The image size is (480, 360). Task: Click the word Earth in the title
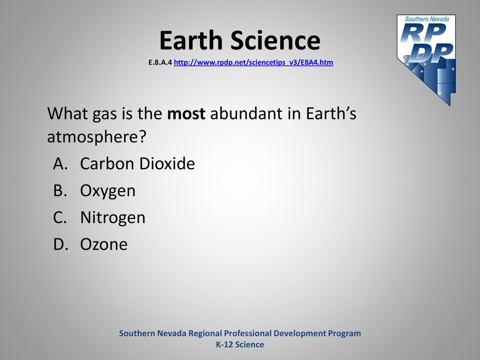click(x=191, y=40)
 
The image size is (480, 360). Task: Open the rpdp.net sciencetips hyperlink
click(x=254, y=62)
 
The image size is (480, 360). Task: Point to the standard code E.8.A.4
click(x=160, y=62)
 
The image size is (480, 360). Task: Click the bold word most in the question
click(x=186, y=113)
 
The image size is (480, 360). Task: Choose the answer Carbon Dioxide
click(x=137, y=164)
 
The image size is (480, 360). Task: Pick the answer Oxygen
click(x=108, y=191)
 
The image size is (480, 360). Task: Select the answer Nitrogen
click(x=112, y=218)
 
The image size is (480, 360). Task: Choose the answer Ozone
click(x=104, y=244)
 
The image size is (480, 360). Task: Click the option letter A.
click(x=60, y=164)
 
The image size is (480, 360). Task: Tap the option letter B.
click(x=60, y=190)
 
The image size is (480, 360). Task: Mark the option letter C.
click(x=60, y=217)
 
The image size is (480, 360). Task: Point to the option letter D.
click(x=60, y=244)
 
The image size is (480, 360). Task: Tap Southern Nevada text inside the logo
click(x=427, y=19)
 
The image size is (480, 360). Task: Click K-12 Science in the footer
click(x=240, y=345)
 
